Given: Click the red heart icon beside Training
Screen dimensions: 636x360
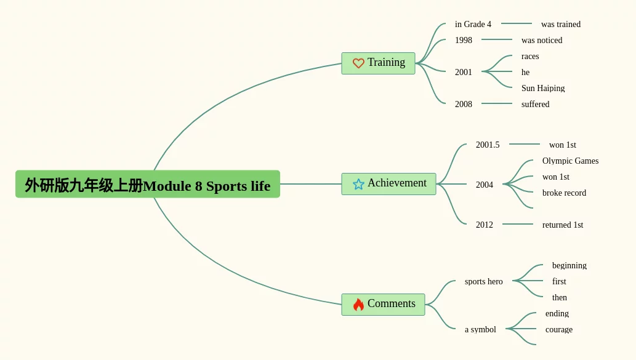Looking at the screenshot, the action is tap(358, 63).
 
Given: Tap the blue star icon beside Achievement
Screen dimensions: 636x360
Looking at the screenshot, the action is tap(358, 185).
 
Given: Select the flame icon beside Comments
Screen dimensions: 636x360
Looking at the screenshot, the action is tap(358, 305).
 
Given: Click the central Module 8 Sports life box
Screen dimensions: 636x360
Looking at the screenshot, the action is tap(148, 184).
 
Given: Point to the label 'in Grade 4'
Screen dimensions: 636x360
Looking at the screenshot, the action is tap(473, 25).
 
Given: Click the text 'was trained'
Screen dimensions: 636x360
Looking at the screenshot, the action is tap(561, 25).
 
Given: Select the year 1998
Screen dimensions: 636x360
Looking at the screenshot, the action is tap(464, 40).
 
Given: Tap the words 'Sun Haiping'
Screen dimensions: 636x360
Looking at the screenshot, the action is tap(543, 88).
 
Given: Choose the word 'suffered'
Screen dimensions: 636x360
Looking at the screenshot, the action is tap(536, 104).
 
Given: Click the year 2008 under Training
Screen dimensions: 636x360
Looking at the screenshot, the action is tap(464, 104).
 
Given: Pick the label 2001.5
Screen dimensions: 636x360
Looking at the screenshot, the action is tap(488, 145).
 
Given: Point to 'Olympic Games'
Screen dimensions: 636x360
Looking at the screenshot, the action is tap(570, 161).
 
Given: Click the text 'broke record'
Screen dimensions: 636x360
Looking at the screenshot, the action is tap(564, 193).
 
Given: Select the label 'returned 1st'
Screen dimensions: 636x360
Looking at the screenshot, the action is tap(563, 225).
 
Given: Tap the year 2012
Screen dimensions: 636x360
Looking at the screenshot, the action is tap(485, 225).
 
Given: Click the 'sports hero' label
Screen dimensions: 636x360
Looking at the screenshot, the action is tap(483, 281).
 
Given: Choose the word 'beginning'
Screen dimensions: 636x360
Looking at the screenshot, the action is tap(570, 266).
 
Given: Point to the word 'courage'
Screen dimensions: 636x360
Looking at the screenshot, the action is tap(559, 330).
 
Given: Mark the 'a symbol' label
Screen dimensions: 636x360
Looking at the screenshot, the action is tap(480, 330).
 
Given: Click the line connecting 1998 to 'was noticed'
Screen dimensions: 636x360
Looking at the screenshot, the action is tap(497, 39).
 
